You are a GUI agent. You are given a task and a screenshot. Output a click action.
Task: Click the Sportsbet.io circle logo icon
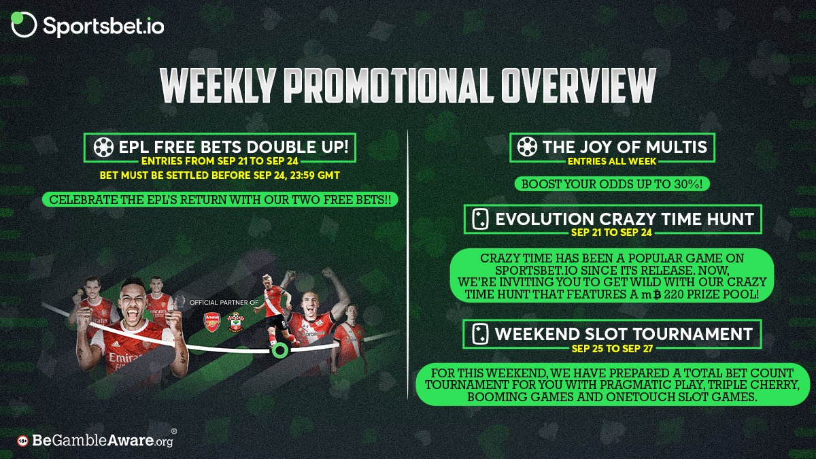(24, 24)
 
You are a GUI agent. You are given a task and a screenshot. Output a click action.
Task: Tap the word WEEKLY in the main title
(218, 86)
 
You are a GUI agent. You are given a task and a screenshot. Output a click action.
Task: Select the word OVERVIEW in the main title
(578, 86)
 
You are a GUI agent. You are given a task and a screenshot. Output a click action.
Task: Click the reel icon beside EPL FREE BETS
(103, 147)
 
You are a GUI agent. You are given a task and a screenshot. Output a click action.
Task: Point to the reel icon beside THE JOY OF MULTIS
(527, 147)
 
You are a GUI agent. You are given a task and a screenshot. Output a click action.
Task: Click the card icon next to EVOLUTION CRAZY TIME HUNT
(480, 219)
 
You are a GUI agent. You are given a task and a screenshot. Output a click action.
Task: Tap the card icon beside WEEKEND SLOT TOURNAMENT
(480, 334)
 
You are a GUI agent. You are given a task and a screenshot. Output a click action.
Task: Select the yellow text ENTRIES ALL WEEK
(612, 161)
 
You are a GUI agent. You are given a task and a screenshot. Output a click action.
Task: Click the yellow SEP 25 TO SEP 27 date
(612, 349)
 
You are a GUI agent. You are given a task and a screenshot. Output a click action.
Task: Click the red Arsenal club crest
(212, 322)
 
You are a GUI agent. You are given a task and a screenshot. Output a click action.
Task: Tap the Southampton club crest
(236, 322)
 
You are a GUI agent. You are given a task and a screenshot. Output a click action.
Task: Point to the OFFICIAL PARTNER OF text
(224, 303)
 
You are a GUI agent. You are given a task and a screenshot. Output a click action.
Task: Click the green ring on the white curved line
(279, 350)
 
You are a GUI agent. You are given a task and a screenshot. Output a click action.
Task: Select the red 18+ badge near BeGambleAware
(22, 441)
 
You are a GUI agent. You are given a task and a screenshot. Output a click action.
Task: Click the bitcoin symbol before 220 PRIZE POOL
(657, 294)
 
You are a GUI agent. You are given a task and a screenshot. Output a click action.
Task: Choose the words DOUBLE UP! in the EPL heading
(298, 147)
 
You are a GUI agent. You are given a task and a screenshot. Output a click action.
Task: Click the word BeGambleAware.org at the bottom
(103, 441)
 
